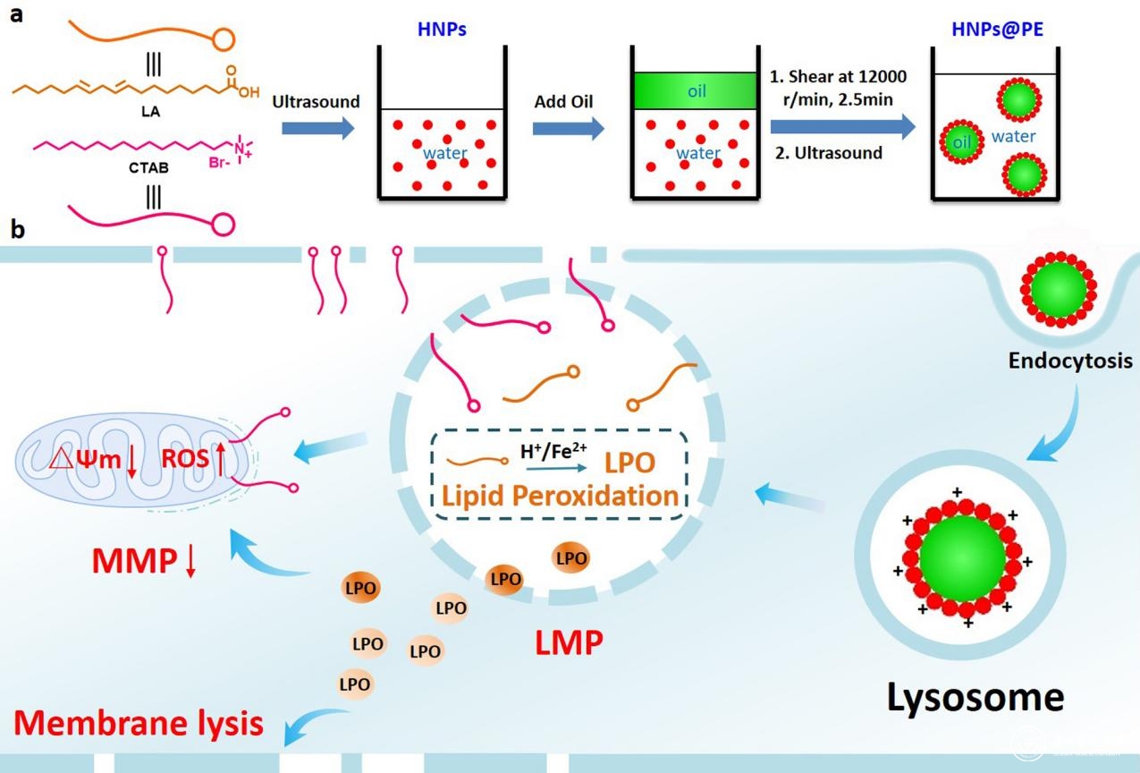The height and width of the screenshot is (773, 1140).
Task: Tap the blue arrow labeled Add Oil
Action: point(567,129)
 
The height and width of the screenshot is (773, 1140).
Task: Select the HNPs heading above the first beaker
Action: point(442,30)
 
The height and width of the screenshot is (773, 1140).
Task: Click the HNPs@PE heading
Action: point(997,30)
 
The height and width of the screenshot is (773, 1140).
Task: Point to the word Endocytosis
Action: point(1070,362)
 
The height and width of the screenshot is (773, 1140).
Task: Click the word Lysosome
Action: point(975,697)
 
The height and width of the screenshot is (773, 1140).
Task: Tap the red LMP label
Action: point(569,641)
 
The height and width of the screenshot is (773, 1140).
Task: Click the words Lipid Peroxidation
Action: point(558,495)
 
